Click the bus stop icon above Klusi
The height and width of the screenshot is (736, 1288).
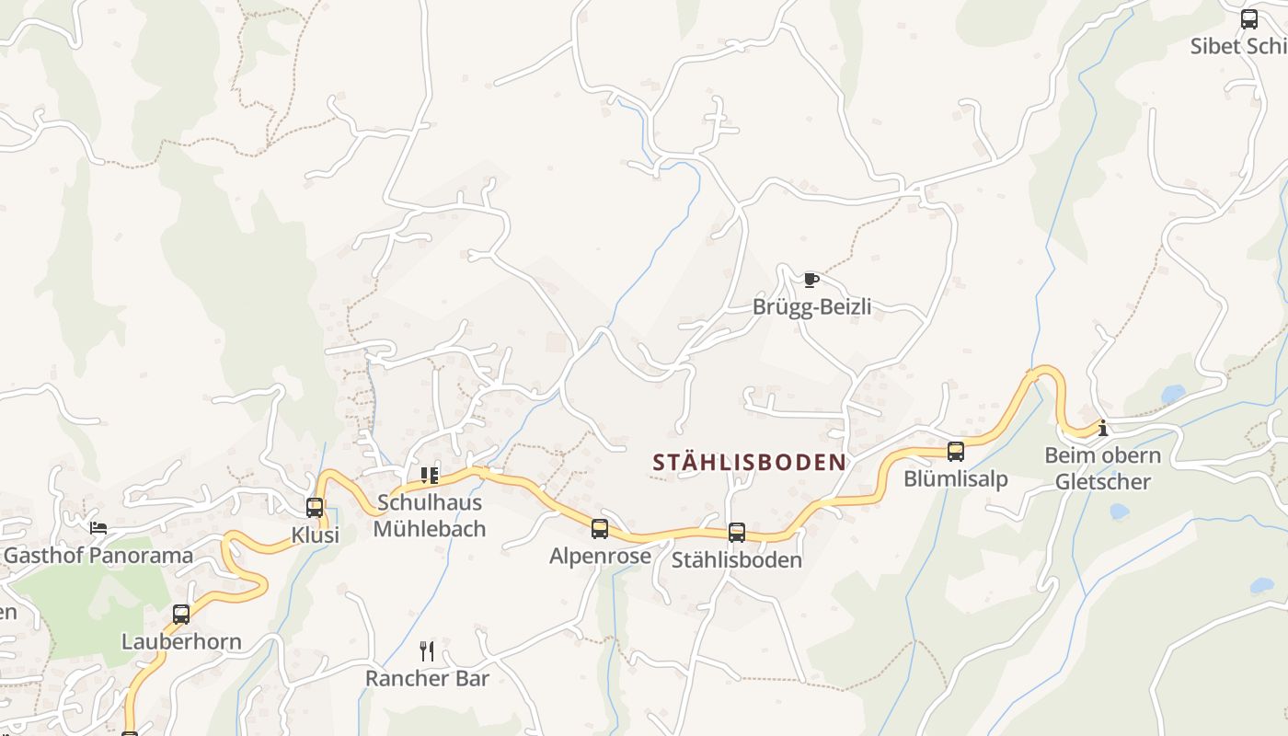point(315,507)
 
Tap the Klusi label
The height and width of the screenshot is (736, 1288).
point(316,535)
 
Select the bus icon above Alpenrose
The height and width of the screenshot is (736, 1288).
point(600,529)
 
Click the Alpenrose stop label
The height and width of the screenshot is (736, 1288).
point(600,556)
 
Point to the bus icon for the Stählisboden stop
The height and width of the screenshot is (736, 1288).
point(737,532)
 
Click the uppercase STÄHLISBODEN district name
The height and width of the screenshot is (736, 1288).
point(749,462)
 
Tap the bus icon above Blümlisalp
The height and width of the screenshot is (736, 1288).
point(956,452)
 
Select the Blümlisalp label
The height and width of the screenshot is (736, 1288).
point(956,478)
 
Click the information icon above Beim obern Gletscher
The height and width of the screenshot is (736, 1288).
point(1102,428)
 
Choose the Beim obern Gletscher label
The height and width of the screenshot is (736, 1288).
point(1102,468)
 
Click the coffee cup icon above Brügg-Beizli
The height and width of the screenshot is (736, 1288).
point(811,280)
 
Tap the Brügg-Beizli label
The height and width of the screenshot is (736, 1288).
point(811,306)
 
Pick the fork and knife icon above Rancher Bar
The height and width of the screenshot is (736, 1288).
point(427,651)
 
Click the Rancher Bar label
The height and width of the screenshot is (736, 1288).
point(427,678)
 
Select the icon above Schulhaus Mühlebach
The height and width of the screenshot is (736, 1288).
point(430,476)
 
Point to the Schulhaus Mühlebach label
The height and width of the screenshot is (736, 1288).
point(430,516)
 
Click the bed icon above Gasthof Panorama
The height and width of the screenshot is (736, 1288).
point(98,528)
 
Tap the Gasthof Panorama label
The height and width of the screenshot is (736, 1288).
point(98,555)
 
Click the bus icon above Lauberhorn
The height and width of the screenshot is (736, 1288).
point(181,615)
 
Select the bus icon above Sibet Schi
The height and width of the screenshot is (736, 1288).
point(1249,19)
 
